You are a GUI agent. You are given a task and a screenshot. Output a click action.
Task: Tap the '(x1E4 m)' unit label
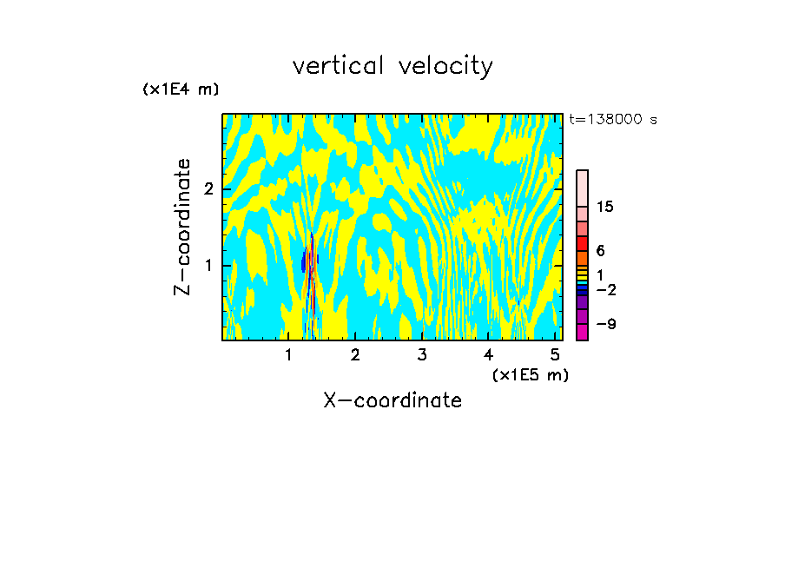(181, 89)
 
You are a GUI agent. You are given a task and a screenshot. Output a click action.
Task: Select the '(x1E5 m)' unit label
(530, 374)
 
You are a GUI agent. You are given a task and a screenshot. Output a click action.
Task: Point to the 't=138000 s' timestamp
(612, 120)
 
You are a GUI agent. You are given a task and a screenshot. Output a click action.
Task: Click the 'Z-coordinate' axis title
(182, 227)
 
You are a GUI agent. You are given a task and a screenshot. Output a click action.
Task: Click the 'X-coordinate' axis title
(392, 400)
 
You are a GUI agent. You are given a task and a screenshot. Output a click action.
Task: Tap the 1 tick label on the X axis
(288, 354)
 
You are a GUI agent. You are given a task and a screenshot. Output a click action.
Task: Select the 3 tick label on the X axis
(421, 354)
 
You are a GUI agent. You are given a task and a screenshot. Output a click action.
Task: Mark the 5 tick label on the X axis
(554, 354)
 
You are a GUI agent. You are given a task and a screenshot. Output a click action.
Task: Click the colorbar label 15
(606, 207)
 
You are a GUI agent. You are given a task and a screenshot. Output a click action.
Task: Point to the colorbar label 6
(600, 250)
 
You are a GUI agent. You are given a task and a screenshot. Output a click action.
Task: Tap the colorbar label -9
(606, 324)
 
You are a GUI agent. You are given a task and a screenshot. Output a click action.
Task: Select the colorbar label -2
(606, 289)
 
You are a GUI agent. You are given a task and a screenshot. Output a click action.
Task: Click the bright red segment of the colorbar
(582, 243)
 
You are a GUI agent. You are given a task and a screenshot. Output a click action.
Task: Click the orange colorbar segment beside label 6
(582, 258)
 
